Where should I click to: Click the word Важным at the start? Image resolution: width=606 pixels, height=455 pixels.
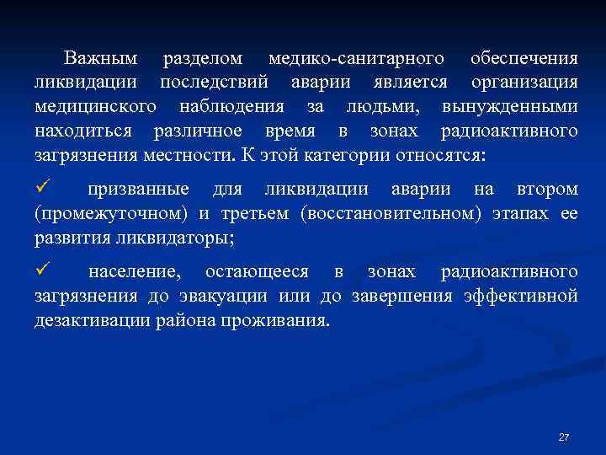click(100, 59)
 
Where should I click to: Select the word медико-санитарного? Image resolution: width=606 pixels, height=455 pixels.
click(355, 59)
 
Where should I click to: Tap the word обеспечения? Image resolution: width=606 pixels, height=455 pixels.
click(524, 59)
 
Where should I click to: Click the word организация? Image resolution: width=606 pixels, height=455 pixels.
click(524, 83)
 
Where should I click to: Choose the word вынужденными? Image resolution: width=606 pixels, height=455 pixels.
click(509, 107)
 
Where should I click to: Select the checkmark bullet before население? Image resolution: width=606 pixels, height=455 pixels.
click(45, 270)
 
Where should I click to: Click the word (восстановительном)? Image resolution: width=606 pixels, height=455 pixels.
click(391, 214)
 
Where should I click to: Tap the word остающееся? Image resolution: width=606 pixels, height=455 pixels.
click(257, 272)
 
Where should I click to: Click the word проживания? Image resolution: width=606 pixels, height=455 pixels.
click(283, 320)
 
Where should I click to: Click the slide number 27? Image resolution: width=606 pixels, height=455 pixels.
click(564, 437)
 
